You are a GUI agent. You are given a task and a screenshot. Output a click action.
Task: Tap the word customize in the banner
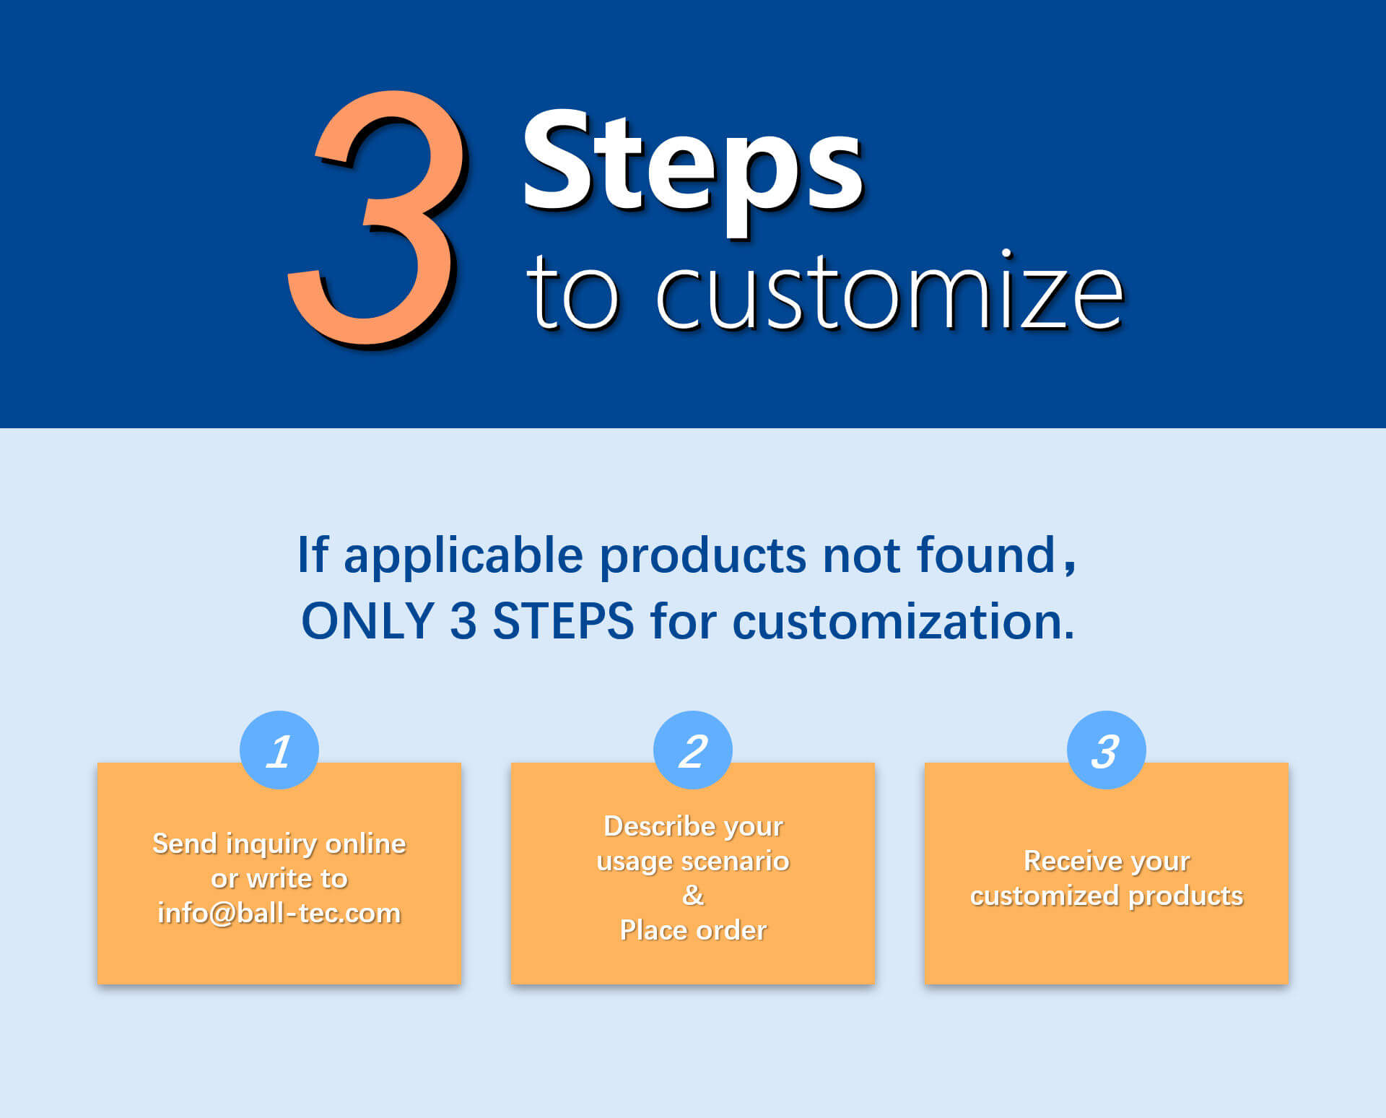(x=889, y=292)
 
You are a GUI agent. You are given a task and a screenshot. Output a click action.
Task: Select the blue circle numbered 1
(x=279, y=750)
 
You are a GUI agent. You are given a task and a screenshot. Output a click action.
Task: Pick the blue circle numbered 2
(x=693, y=750)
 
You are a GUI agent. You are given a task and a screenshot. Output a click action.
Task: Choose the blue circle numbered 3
(x=1107, y=750)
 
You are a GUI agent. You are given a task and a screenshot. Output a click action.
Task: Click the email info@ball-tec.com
(x=279, y=913)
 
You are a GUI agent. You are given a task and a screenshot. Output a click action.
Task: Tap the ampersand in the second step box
(x=693, y=896)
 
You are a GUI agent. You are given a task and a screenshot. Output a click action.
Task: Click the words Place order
(x=693, y=930)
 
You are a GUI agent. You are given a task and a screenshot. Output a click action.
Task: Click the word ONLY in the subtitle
(x=367, y=621)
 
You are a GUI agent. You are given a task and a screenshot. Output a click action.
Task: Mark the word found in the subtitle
(x=986, y=554)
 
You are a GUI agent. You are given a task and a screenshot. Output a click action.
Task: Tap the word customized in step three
(x=1045, y=896)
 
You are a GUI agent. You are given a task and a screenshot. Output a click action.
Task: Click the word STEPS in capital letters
(x=563, y=621)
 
